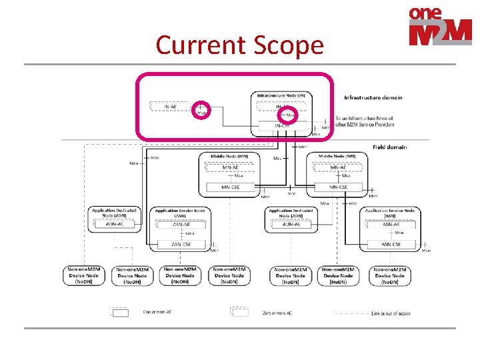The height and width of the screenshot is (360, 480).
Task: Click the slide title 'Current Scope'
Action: pos(239,45)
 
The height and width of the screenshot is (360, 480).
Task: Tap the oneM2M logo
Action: pos(440,27)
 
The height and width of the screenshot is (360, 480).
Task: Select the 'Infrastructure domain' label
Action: pos(373,97)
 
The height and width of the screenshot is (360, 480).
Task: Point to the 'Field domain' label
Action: pos(389,147)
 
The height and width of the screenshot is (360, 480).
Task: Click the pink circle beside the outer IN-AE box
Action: pos(201,109)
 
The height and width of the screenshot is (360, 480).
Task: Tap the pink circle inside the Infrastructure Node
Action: pos(290,114)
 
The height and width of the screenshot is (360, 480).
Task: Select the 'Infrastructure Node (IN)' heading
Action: pos(282,95)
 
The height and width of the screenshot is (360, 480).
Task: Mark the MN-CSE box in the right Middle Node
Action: pos(339,187)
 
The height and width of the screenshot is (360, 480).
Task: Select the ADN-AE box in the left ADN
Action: pos(115,224)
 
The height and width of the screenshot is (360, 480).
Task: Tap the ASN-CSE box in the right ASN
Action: pos(391,244)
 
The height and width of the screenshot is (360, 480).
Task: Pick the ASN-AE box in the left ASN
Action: pos(181,224)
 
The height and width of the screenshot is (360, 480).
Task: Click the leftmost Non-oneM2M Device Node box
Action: pos(84,275)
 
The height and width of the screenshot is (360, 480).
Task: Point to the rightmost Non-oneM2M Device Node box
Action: pos(389,275)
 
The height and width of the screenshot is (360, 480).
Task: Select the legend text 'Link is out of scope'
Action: pos(387,313)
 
